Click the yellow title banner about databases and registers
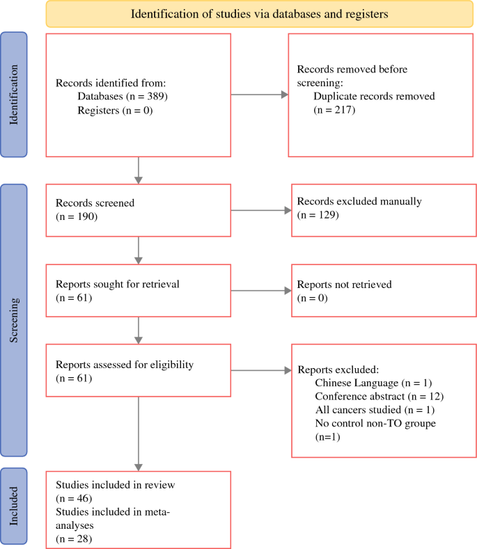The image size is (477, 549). tap(259, 14)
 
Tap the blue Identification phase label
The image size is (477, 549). tap(14, 95)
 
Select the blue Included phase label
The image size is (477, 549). tap(14, 506)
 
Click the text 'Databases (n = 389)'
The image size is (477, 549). tap(123, 96)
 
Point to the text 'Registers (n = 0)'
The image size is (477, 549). tap(115, 111)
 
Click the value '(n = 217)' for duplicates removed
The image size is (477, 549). tap(334, 110)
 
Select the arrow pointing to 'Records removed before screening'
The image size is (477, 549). tap(259, 95)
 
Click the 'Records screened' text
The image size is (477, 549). tap(95, 202)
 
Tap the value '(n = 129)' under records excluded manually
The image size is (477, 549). tap(318, 214)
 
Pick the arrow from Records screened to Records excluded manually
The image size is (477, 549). tap(261, 210)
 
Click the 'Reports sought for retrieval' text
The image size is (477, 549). tap(118, 284)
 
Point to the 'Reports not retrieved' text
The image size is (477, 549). tap(344, 285)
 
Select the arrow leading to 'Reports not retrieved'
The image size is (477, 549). tap(261, 291)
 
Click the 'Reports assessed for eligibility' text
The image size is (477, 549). tap(125, 365)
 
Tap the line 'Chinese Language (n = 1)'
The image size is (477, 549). tap(373, 383)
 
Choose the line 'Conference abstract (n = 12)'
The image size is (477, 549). tap(380, 397)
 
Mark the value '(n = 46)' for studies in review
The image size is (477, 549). tap(74, 498)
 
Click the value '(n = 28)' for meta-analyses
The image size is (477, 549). tap(74, 539)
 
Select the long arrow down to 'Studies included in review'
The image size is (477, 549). tap(139, 433)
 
